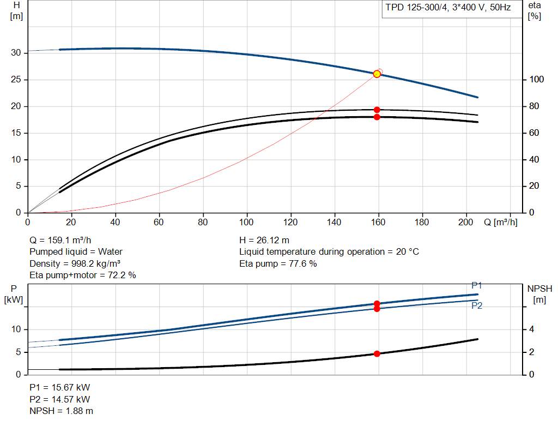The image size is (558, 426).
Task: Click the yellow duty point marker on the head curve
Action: pos(377,74)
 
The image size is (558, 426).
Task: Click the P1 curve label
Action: pos(476,285)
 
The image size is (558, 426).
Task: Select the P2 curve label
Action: pos(477,305)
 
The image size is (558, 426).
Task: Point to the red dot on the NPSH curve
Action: pos(377,353)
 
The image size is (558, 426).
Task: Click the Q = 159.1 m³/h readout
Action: pos(60,241)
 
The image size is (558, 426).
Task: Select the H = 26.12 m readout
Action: pos(264,241)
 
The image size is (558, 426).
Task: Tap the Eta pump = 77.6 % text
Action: pos(278,264)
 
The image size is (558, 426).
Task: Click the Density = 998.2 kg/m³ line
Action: pos(75,264)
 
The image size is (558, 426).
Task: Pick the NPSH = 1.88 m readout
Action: pos(61,411)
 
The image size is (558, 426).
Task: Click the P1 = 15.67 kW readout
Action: pos(60,387)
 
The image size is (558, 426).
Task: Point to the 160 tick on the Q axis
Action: pos(378,222)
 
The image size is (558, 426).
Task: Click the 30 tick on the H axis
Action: pos(16,53)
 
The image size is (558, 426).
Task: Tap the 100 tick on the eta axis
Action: pos(537,80)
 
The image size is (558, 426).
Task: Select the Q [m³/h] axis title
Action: pos(501,222)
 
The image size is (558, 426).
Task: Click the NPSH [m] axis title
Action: pos(540,294)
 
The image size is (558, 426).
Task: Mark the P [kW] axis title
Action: pos(14,294)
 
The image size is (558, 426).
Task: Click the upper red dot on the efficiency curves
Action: pos(377,110)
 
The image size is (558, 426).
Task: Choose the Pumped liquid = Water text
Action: pos(76,252)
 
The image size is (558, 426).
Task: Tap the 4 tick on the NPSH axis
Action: pos(532,329)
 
